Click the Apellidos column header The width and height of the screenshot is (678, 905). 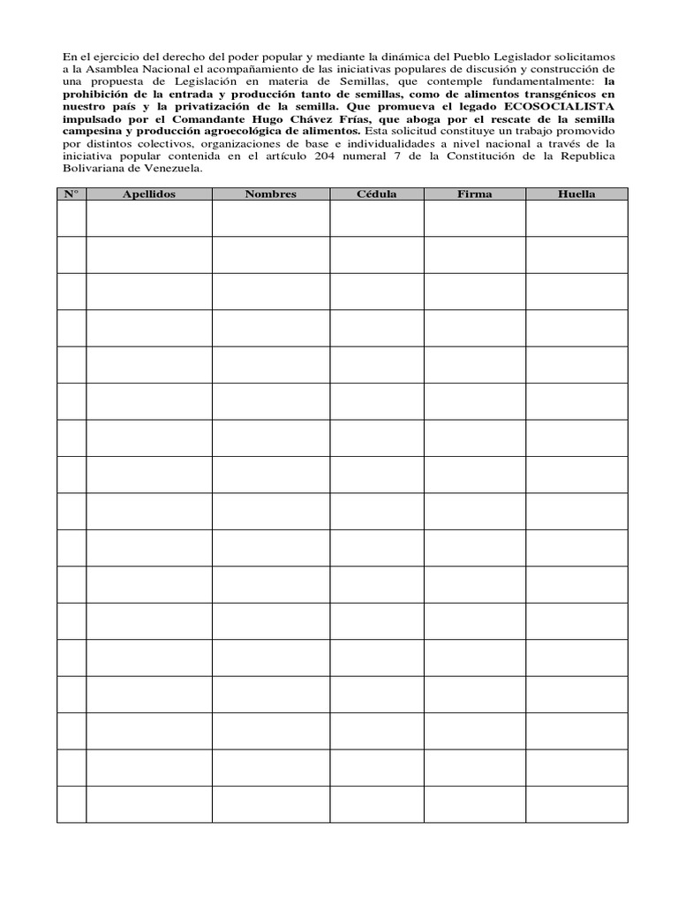(x=149, y=194)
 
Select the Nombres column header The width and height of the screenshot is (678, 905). (x=271, y=194)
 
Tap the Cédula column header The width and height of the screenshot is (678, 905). (x=377, y=194)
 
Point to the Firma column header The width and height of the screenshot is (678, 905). (x=475, y=194)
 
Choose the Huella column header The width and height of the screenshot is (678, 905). (x=576, y=194)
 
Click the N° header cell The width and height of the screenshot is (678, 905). (x=72, y=194)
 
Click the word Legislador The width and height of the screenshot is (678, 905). (x=501, y=57)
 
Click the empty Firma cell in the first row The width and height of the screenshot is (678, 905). (x=475, y=219)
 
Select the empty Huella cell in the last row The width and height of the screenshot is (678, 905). (x=576, y=804)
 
